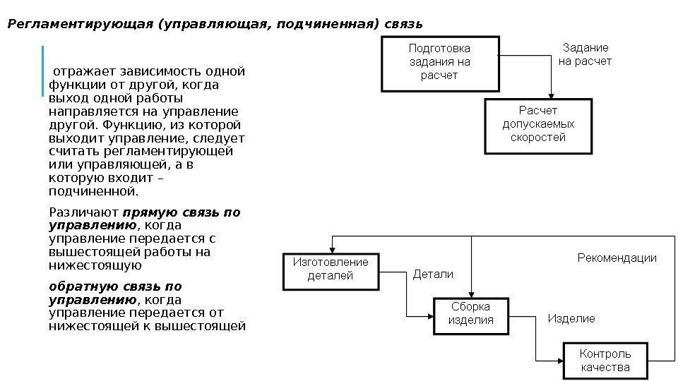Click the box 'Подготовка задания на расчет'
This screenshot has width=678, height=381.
[x=439, y=62]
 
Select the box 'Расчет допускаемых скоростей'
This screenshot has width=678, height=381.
[x=537, y=125]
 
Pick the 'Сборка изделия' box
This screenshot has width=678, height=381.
[x=471, y=313]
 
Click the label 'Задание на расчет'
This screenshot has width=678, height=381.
[x=585, y=54]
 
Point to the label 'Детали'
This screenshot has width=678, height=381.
[x=433, y=274]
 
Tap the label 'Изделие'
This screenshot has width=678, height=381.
[x=571, y=319]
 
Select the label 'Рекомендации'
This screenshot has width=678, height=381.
[x=617, y=258]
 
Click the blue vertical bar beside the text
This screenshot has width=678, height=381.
[x=43, y=71]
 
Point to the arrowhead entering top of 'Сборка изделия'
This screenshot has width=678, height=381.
[x=471, y=294]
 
